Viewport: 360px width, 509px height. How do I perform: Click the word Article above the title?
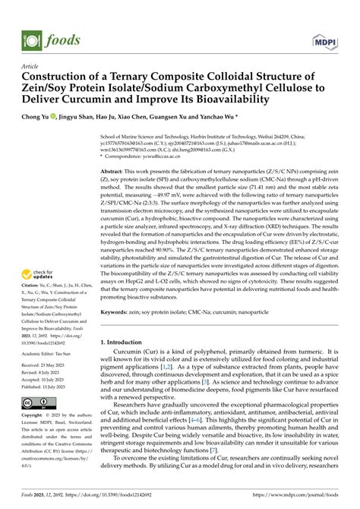pyautogui.click(x=32, y=65)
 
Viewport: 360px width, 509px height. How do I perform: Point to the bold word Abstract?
pyautogui.click(x=115, y=173)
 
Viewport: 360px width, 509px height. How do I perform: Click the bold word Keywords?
pyautogui.click(x=118, y=311)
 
